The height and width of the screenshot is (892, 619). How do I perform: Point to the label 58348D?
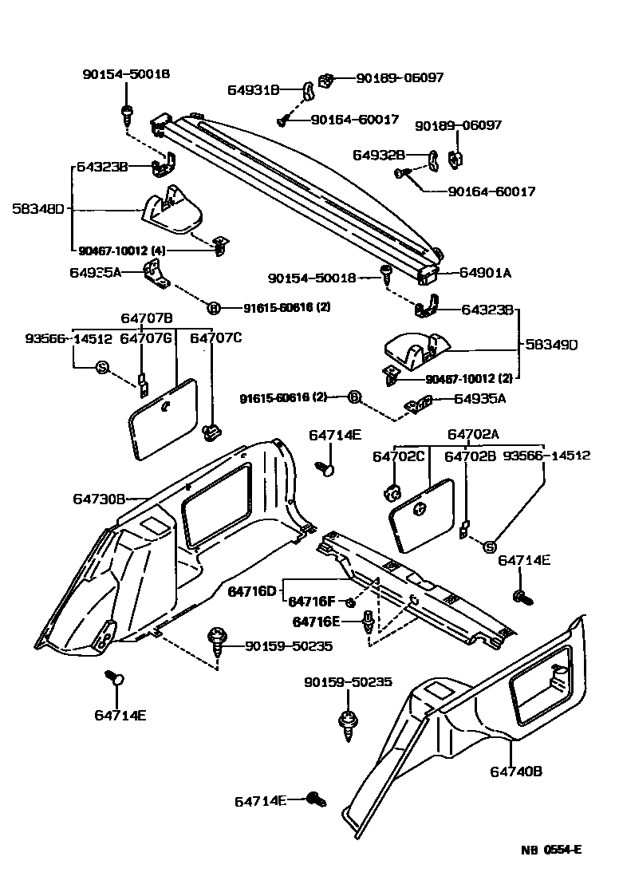[37, 210]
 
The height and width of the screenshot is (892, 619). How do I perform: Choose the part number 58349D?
[551, 345]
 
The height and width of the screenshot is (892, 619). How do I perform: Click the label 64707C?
[215, 338]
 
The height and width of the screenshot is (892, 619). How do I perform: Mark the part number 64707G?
[146, 338]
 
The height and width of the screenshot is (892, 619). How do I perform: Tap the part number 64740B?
[516, 771]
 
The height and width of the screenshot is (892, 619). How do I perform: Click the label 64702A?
[473, 435]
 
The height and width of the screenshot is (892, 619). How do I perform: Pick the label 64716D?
[252, 591]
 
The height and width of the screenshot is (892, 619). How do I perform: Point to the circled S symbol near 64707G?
[101, 367]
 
